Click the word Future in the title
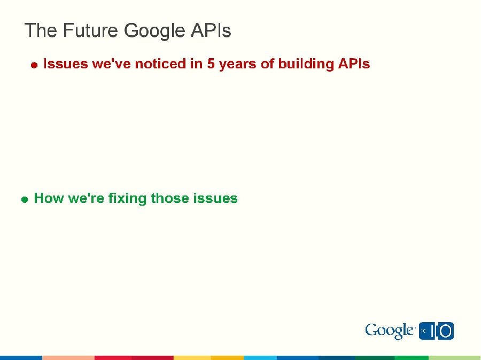coord(91,30)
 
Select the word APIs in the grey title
coord(211,30)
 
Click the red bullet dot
coord(34,65)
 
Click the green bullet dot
coord(25,199)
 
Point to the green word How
coord(49,198)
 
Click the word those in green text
coord(170,198)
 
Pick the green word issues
coord(216,198)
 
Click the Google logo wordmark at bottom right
coord(390,331)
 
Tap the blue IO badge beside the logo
coord(437,331)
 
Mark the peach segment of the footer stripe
coord(68,357)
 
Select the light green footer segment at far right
coord(455,357)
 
